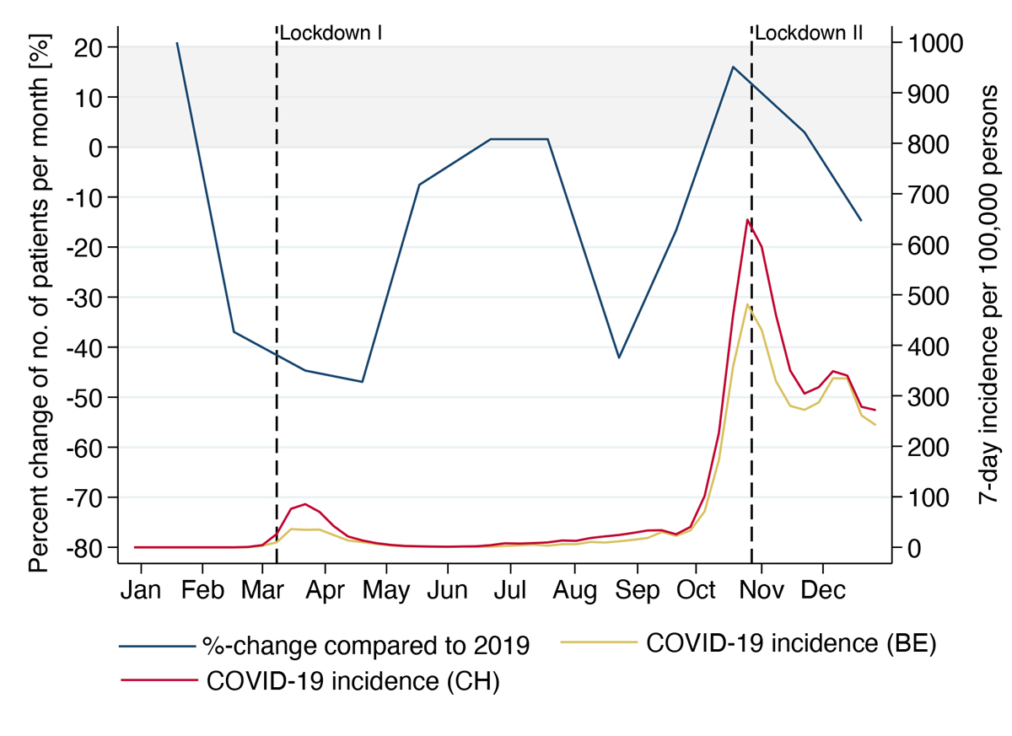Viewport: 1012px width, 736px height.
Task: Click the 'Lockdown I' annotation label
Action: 331,34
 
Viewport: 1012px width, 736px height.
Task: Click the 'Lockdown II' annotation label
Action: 809,34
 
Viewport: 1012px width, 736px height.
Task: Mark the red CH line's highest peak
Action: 747,219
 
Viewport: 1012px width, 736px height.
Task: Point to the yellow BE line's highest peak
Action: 747,304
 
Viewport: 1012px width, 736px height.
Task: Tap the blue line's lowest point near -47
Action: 363,382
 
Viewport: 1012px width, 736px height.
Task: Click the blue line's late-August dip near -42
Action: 619,357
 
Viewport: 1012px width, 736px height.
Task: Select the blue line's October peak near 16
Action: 733,67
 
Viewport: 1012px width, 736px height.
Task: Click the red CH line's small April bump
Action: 305,503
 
